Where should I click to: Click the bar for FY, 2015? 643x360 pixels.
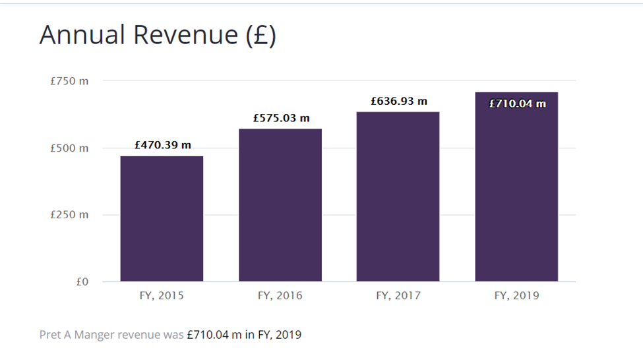click(x=162, y=219)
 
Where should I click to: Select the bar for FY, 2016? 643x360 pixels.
click(x=280, y=205)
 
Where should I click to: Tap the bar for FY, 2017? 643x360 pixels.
click(x=398, y=196)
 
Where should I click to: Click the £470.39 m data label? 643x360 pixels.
click(x=163, y=145)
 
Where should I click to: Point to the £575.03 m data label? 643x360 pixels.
click(x=281, y=118)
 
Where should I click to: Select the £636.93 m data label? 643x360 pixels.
click(x=399, y=102)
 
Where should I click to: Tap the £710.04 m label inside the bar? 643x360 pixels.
click(x=517, y=104)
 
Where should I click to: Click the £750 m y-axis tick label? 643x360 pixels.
click(x=69, y=81)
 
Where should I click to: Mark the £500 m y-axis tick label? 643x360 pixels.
click(x=69, y=148)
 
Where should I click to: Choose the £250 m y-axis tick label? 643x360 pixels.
click(x=69, y=215)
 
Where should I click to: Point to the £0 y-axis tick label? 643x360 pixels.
click(x=82, y=282)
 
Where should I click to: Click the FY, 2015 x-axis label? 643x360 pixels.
click(x=162, y=296)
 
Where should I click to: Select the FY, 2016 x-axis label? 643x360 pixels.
click(x=280, y=296)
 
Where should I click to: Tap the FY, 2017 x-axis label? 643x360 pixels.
click(x=398, y=296)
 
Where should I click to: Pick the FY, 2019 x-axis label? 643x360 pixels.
click(x=516, y=296)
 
